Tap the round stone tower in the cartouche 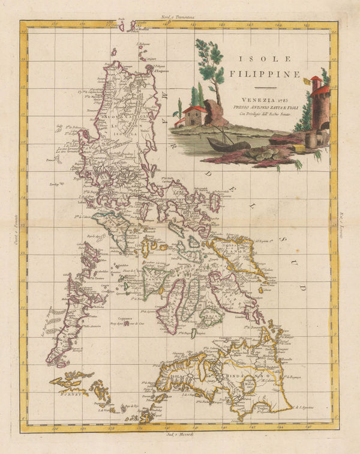(320, 108)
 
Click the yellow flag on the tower (314, 79)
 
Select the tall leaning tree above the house (209, 66)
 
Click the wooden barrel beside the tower (310, 140)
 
